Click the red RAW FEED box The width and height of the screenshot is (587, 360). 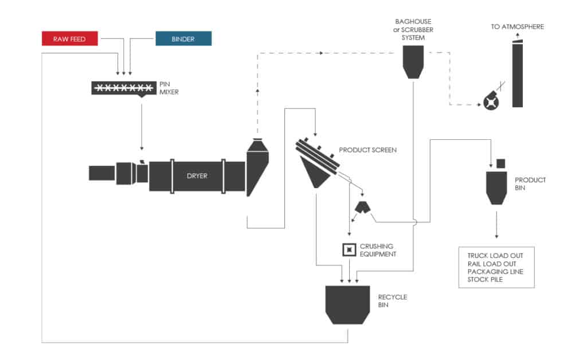point(69,38)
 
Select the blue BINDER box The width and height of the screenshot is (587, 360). point(183,38)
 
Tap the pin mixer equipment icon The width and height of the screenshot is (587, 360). point(124,88)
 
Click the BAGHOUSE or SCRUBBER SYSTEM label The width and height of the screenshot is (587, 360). point(413,29)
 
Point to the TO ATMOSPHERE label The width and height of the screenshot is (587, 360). point(518,26)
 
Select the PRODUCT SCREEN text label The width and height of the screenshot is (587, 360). point(367,150)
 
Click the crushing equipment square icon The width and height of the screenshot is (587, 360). point(348,249)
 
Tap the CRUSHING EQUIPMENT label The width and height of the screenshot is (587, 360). point(377,250)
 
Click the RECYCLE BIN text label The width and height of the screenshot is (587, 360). point(392,301)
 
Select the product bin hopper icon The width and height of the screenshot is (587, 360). point(497,186)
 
